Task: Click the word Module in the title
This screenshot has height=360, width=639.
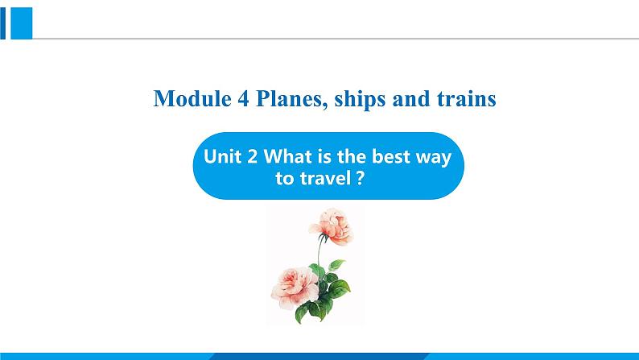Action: click(x=192, y=99)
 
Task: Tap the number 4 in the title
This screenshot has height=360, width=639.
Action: click(x=243, y=99)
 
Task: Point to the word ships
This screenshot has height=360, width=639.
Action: click(x=360, y=101)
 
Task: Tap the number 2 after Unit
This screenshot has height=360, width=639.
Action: click(x=252, y=157)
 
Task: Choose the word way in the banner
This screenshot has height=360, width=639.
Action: click(x=434, y=159)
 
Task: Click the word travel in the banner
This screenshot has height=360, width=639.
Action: click(x=325, y=178)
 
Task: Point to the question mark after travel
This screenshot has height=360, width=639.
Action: click(x=360, y=178)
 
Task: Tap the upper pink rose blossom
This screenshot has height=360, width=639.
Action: click(x=332, y=226)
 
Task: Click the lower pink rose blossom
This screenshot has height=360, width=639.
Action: click(x=295, y=287)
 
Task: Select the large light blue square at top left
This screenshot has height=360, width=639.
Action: click(x=21, y=23)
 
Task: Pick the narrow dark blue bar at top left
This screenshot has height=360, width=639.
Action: click(x=3, y=23)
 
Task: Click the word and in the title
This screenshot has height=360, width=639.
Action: click(x=410, y=99)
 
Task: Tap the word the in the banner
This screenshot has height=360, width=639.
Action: click(x=352, y=156)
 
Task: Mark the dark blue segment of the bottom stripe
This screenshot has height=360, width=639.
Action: click(x=319, y=356)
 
